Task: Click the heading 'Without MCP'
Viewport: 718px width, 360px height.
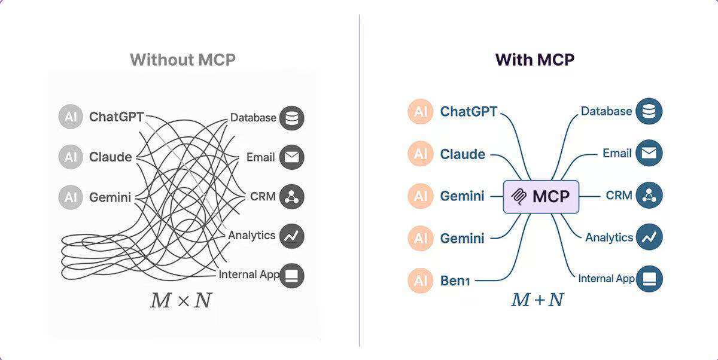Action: tap(182, 60)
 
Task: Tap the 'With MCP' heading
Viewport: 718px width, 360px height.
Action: tap(534, 60)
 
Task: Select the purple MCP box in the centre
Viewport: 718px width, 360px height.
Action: tap(541, 196)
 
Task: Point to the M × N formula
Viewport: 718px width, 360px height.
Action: tap(181, 300)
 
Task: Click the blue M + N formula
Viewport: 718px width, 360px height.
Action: tap(537, 299)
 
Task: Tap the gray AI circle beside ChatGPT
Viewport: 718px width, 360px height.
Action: tap(71, 117)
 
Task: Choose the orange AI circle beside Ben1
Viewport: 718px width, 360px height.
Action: tap(421, 280)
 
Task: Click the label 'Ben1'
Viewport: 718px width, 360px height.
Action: tap(455, 280)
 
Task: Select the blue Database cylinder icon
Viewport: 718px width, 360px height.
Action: tap(649, 112)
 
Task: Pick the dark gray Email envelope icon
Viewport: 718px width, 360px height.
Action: tap(291, 158)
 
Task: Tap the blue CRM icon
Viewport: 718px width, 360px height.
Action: tap(649, 196)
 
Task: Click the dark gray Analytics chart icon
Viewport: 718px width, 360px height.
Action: tap(291, 236)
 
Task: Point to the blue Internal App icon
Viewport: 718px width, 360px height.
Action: tap(649, 279)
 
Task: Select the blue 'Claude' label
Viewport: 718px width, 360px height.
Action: tap(463, 154)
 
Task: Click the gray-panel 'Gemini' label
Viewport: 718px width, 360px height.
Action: tap(110, 197)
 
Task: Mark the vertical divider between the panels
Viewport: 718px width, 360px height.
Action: tap(360, 179)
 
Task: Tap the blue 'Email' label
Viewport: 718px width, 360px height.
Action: tap(617, 154)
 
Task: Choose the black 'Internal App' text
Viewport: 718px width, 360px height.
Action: tap(249, 274)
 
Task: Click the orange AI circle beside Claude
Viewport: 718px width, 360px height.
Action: tap(421, 154)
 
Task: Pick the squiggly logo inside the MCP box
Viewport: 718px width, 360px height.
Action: tap(518, 196)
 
